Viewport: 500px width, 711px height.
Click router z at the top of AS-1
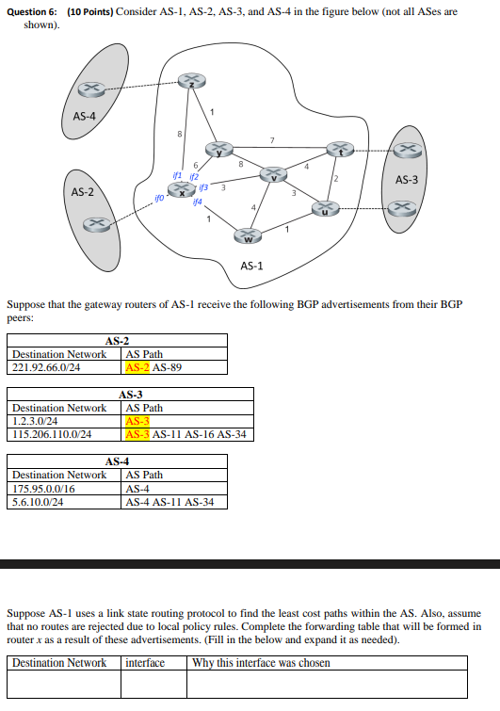click(x=192, y=81)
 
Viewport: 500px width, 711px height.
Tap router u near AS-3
click(x=326, y=209)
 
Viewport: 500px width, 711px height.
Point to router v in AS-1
click(x=273, y=175)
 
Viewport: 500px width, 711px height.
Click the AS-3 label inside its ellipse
click(x=407, y=179)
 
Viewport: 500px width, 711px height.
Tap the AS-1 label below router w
click(x=251, y=266)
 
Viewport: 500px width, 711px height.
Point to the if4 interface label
click(x=197, y=202)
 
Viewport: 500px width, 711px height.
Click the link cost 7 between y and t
click(x=272, y=141)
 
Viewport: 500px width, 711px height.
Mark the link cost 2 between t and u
click(x=334, y=179)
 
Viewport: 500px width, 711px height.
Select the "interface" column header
click(x=145, y=663)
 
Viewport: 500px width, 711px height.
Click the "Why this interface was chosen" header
click(x=261, y=663)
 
